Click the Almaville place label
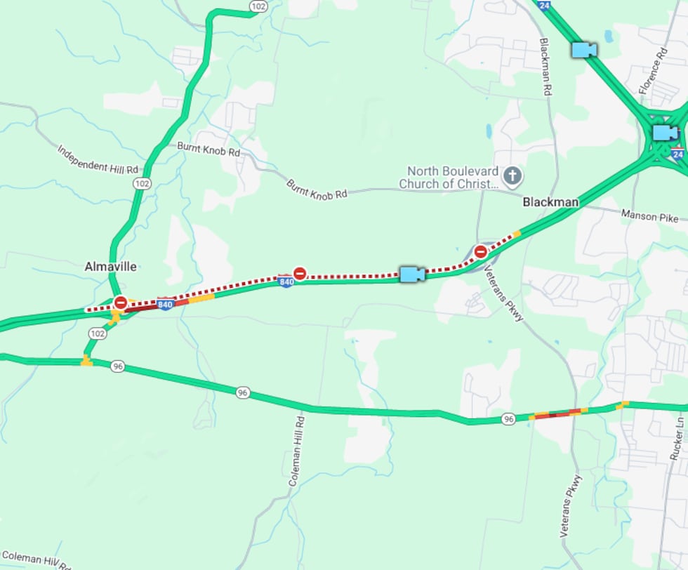[110, 267]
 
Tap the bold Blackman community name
[550, 202]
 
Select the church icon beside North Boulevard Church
[512, 176]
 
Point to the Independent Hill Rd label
[98, 159]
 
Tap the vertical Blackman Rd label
[545, 67]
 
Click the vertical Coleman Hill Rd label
[296, 452]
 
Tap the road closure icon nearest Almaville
[121, 303]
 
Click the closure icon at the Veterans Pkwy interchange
[481, 251]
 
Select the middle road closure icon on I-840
[300, 273]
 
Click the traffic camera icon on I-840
[412, 274]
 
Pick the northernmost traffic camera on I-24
[583, 49]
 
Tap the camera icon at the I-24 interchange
[664, 132]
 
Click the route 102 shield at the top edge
[258, 6]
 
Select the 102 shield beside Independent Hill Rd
[143, 183]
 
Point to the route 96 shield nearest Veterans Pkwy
[509, 419]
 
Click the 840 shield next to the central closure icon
[286, 281]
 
